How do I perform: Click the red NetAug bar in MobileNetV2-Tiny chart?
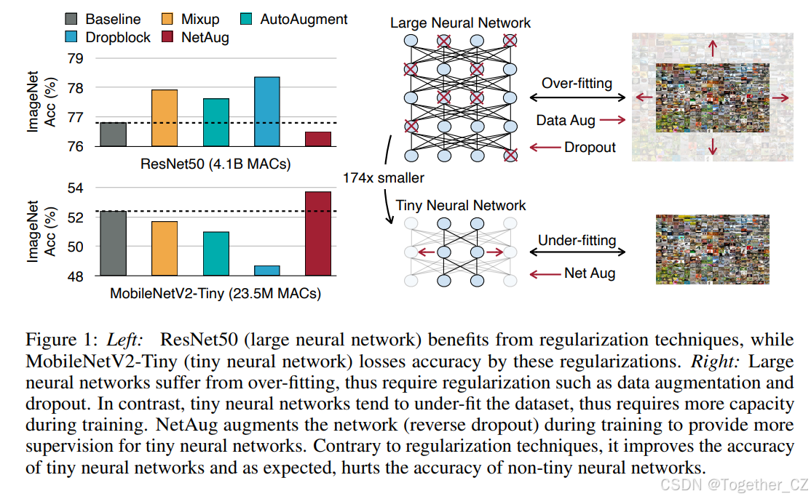[318, 233]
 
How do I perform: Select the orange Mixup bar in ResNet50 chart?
[165, 118]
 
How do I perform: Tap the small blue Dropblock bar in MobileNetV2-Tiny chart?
[267, 271]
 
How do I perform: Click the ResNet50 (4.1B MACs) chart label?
[215, 164]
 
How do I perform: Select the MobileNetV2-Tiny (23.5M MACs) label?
[215, 295]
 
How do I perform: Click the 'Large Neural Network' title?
[460, 23]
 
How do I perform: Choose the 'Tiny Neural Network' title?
[460, 206]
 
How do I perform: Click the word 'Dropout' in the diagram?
[590, 148]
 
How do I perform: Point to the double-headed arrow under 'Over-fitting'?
[577, 97]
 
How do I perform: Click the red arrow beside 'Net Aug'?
[543, 274]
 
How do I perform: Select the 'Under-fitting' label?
[577, 240]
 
